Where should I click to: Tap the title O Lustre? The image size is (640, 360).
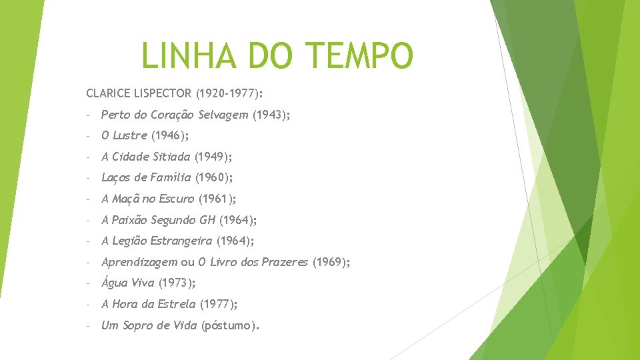click(124, 135)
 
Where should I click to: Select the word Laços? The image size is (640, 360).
click(115, 177)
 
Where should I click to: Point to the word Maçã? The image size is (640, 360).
click(125, 199)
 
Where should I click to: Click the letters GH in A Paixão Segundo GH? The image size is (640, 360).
click(207, 220)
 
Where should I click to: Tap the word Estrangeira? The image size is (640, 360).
click(181, 241)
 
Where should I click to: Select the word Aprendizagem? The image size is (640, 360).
click(139, 262)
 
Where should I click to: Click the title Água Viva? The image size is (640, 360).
click(127, 283)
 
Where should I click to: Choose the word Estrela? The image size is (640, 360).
click(177, 304)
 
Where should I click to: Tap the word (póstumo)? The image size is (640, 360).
click(230, 325)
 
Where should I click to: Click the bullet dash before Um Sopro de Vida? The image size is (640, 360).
click(89, 325)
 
